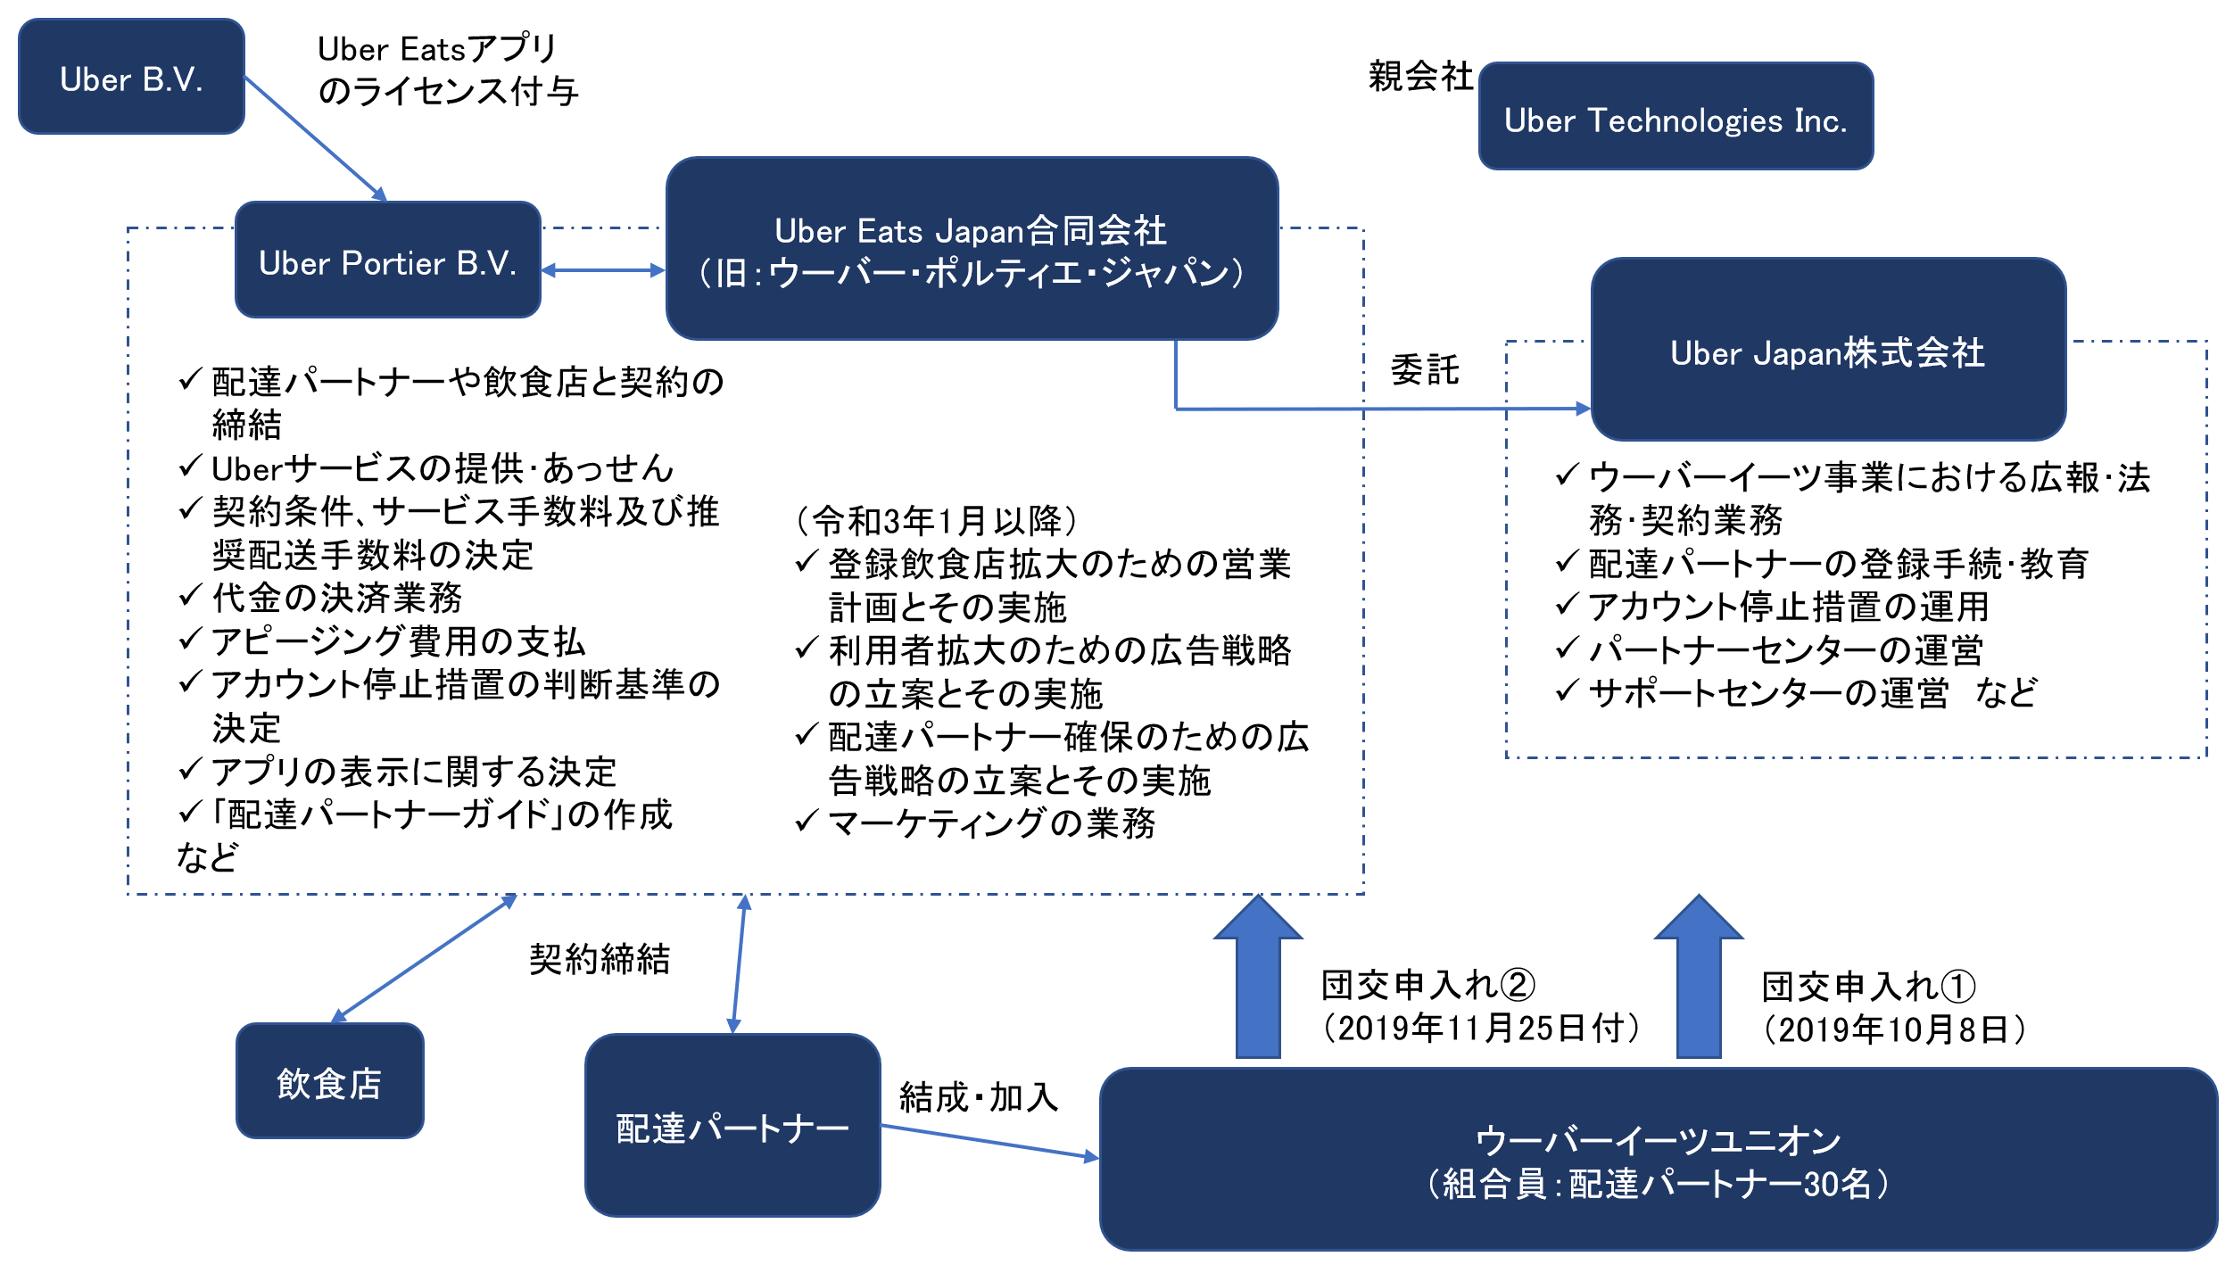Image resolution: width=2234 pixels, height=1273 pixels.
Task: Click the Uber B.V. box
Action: (x=131, y=78)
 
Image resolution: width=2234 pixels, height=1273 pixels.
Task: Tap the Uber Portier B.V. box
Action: (x=387, y=260)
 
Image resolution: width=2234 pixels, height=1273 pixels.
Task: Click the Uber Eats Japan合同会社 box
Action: (x=971, y=249)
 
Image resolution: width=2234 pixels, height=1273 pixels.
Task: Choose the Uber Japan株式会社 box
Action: (x=1827, y=351)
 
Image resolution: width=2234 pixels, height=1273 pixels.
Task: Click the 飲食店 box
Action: (x=329, y=1081)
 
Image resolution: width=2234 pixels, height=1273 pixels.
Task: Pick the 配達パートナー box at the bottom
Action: (x=732, y=1126)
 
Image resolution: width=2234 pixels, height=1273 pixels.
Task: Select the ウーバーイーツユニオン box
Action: (x=1658, y=1160)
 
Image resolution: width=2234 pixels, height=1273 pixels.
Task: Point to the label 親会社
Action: (x=1420, y=77)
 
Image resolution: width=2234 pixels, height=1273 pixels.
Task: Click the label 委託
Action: (x=1425, y=369)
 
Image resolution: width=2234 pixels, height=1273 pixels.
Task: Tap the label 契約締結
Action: (x=600, y=960)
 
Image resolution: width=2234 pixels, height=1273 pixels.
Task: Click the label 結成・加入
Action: (x=979, y=1097)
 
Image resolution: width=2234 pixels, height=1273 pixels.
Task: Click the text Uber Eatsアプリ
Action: (x=437, y=49)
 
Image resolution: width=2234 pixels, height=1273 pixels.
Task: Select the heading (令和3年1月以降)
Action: (x=936, y=520)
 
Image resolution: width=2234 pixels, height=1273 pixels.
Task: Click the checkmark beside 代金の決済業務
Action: (x=190, y=596)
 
